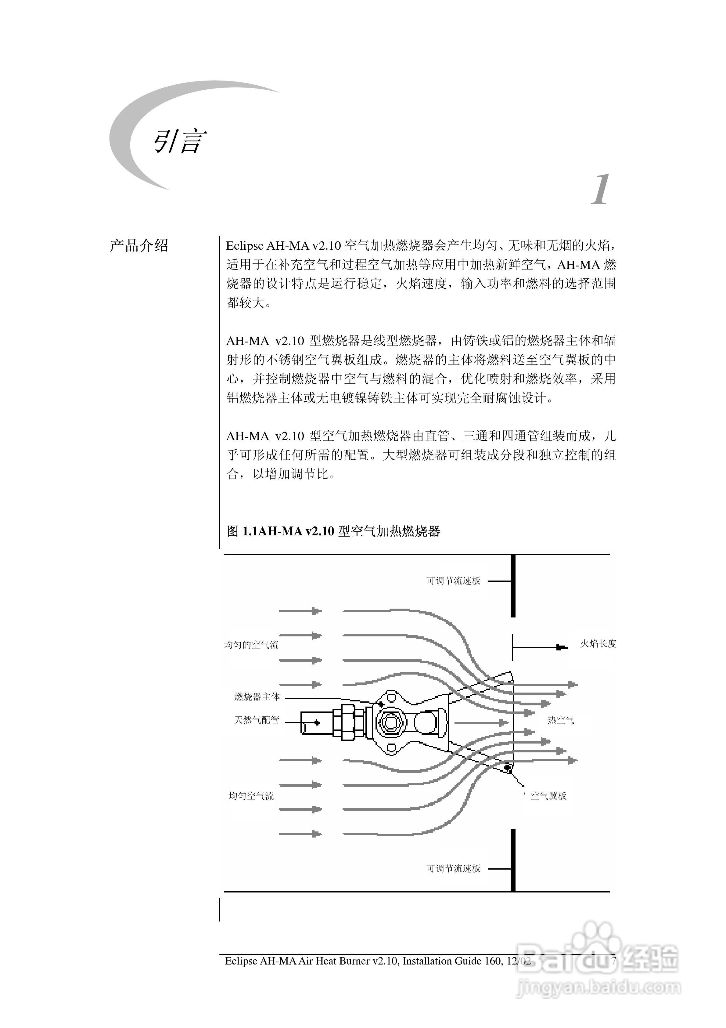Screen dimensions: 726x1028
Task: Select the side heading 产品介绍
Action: [x=139, y=246]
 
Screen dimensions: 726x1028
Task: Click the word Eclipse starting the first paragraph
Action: [x=245, y=246]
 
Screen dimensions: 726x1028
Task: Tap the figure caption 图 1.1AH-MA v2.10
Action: [x=333, y=531]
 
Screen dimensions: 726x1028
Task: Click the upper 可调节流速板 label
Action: [x=453, y=581]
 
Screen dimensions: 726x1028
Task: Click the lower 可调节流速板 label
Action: [x=453, y=869]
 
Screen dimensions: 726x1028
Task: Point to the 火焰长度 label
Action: [x=598, y=644]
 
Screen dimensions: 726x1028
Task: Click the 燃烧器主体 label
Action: [x=257, y=697]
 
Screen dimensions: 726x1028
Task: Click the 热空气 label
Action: [x=560, y=720]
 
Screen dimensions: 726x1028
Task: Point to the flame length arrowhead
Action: [x=561, y=647]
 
